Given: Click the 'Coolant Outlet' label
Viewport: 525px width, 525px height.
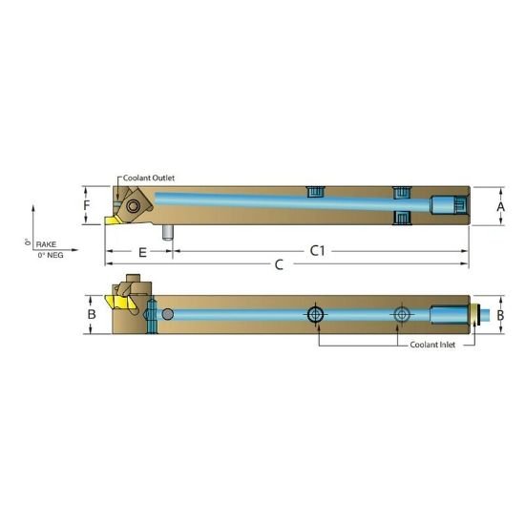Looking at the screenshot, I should click(x=149, y=178).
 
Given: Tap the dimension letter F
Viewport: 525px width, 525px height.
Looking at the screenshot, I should click(x=87, y=205).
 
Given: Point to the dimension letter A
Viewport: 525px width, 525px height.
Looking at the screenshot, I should click(x=501, y=205).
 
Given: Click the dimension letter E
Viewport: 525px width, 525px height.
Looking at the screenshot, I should click(x=141, y=252).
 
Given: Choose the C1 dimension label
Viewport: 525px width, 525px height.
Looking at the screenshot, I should click(x=318, y=251).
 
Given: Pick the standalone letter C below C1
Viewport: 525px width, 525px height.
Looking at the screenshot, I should click(x=280, y=264).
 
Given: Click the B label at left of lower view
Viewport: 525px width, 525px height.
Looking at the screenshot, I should click(x=92, y=313).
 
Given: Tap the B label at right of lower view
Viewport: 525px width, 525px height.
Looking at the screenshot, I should click(x=500, y=313).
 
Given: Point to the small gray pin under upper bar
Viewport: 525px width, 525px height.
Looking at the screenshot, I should click(x=166, y=233).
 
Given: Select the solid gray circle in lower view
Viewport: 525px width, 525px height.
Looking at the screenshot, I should click(x=168, y=314).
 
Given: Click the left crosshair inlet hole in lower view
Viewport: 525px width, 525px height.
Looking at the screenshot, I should click(x=315, y=314).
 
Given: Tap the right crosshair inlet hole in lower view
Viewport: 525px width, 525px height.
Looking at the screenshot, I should click(x=402, y=314).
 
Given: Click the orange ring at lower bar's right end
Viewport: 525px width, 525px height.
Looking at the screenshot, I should click(x=472, y=314).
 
